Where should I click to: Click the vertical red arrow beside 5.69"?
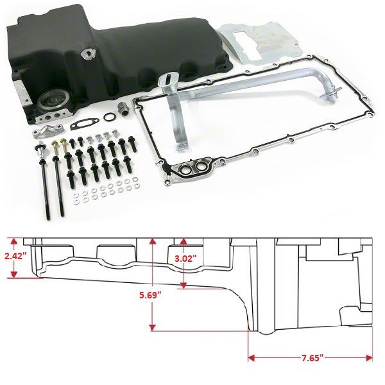[x=153, y=282]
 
